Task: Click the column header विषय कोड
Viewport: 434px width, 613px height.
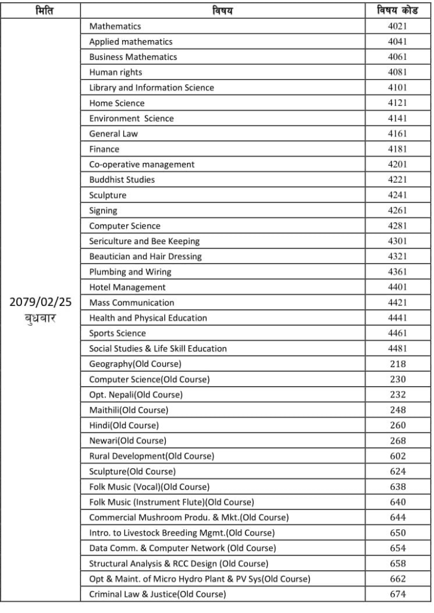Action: (x=397, y=11)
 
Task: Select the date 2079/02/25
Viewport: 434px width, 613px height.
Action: (x=41, y=302)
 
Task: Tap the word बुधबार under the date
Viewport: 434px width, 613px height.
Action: (x=41, y=318)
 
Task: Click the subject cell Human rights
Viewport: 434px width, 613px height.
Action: (x=116, y=72)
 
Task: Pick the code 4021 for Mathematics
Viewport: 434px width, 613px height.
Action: (x=397, y=26)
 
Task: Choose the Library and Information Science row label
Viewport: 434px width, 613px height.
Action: (x=151, y=87)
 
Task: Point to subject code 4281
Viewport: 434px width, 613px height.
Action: (x=397, y=226)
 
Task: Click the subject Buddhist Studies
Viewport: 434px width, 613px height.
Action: (x=122, y=180)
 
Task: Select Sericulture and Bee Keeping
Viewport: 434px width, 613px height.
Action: (x=144, y=241)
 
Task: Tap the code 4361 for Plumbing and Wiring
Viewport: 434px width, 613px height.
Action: (x=397, y=272)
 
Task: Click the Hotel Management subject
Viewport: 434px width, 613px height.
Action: (x=128, y=287)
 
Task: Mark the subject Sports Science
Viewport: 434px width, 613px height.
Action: (x=117, y=333)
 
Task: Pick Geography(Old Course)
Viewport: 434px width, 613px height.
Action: (x=135, y=364)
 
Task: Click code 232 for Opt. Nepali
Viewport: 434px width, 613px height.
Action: (x=397, y=394)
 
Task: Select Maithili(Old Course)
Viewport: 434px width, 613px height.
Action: (x=129, y=410)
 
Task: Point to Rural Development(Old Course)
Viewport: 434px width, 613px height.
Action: (x=151, y=456)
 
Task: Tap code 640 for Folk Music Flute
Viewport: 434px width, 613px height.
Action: (x=397, y=502)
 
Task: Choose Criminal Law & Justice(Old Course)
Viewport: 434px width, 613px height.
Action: (x=157, y=594)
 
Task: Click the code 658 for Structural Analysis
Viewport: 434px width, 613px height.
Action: (x=397, y=564)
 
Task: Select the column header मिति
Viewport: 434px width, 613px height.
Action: (x=41, y=11)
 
